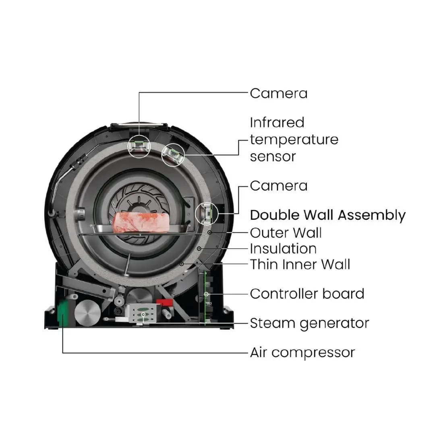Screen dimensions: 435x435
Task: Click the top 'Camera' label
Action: coord(279,93)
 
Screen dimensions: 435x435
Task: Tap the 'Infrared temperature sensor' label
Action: coord(294,139)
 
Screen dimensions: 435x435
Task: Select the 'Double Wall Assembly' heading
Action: coord(327,215)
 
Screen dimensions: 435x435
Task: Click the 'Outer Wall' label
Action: coord(286,233)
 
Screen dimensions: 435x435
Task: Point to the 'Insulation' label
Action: coord(283,249)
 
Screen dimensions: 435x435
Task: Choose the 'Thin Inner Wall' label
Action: coord(300,264)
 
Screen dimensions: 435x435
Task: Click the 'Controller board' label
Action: coord(307,294)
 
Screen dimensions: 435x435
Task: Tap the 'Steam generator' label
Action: coord(309,323)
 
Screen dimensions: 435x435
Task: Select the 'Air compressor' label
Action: coord(302,353)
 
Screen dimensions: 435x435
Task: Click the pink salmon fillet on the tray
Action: coord(141,222)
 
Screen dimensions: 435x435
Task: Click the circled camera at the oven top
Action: coord(139,146)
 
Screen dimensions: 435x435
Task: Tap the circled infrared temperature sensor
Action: coord(173,155)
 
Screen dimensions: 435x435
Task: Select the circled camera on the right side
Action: coord(207,213)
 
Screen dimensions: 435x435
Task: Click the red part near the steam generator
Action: coord(164,302)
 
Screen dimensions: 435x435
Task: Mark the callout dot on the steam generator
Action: coord(143,315)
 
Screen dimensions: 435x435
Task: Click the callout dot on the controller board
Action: coord(206,294)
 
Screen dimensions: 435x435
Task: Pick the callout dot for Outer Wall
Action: coord(210,232)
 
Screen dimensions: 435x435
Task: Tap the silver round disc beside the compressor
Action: coord(87,313)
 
